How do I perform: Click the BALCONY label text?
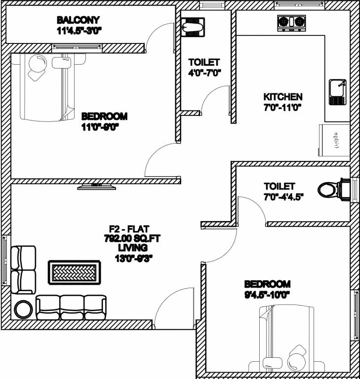pos(78,20)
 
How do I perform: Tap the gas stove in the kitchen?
pos(291,22)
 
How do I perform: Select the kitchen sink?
pos(338,92)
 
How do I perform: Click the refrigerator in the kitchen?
pos(334,141)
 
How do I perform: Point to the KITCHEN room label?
pos(282,97)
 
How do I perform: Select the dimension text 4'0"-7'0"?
pos(204,72)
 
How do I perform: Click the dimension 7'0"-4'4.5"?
pos(283,196)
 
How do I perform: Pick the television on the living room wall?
pos(97,186)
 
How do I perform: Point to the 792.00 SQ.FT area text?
pos(129,238)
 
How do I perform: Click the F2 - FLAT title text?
pos(129,229)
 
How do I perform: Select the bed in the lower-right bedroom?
pos(286,341)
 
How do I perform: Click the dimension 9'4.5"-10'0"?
pos(267,294)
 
